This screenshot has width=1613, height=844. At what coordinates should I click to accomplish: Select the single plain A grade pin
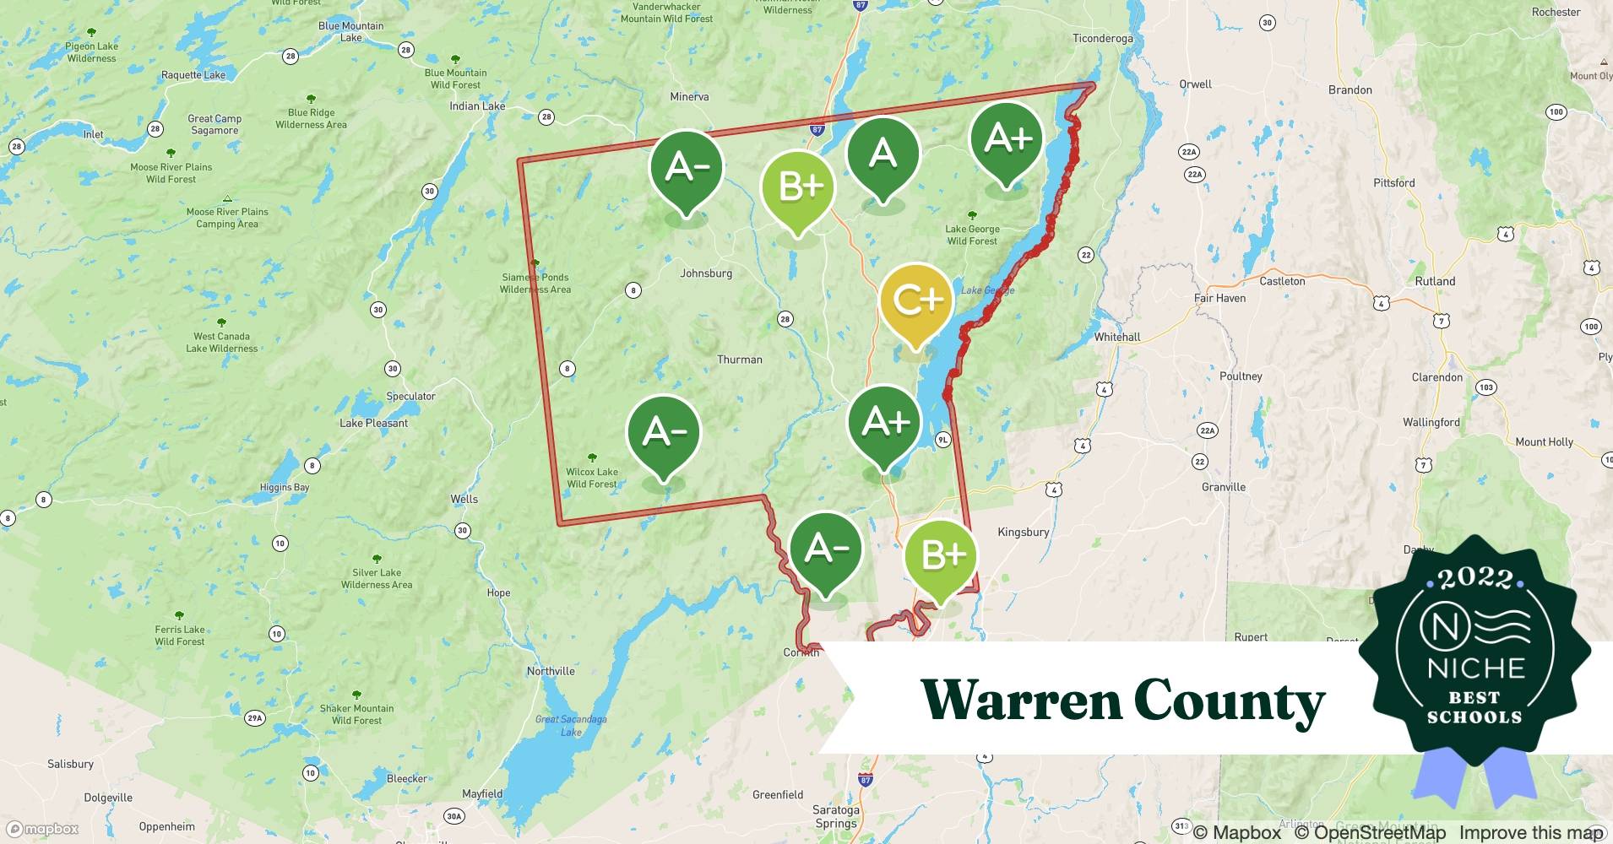point(883,154)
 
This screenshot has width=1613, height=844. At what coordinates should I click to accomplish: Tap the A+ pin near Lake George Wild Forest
point(1007,138)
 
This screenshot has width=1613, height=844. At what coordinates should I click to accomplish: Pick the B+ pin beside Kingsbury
point(940,555)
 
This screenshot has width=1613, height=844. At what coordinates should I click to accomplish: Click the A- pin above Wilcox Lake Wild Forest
point(664,432)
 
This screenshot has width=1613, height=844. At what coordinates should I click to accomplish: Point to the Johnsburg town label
point(706,273)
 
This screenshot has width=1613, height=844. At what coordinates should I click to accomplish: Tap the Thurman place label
point(739,360)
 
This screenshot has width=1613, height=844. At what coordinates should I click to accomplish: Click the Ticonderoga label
point(1102,39)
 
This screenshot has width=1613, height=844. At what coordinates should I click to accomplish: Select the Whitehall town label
point(1116,337)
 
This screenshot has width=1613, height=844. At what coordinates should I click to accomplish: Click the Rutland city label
point(1435,281)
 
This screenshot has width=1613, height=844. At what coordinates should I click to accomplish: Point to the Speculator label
point(410,396)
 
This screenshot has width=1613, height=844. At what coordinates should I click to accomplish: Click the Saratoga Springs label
point(835,816)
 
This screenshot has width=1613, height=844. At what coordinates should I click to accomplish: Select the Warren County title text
point(1123,701)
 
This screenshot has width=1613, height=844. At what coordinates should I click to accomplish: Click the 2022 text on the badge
point(1475,578)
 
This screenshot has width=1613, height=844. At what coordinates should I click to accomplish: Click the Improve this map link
point(1530,832)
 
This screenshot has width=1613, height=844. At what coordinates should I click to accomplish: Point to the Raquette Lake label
point(193,75)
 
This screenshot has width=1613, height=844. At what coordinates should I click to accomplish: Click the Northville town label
point(551,671)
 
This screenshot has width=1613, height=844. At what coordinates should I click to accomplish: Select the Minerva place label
point(689,97)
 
